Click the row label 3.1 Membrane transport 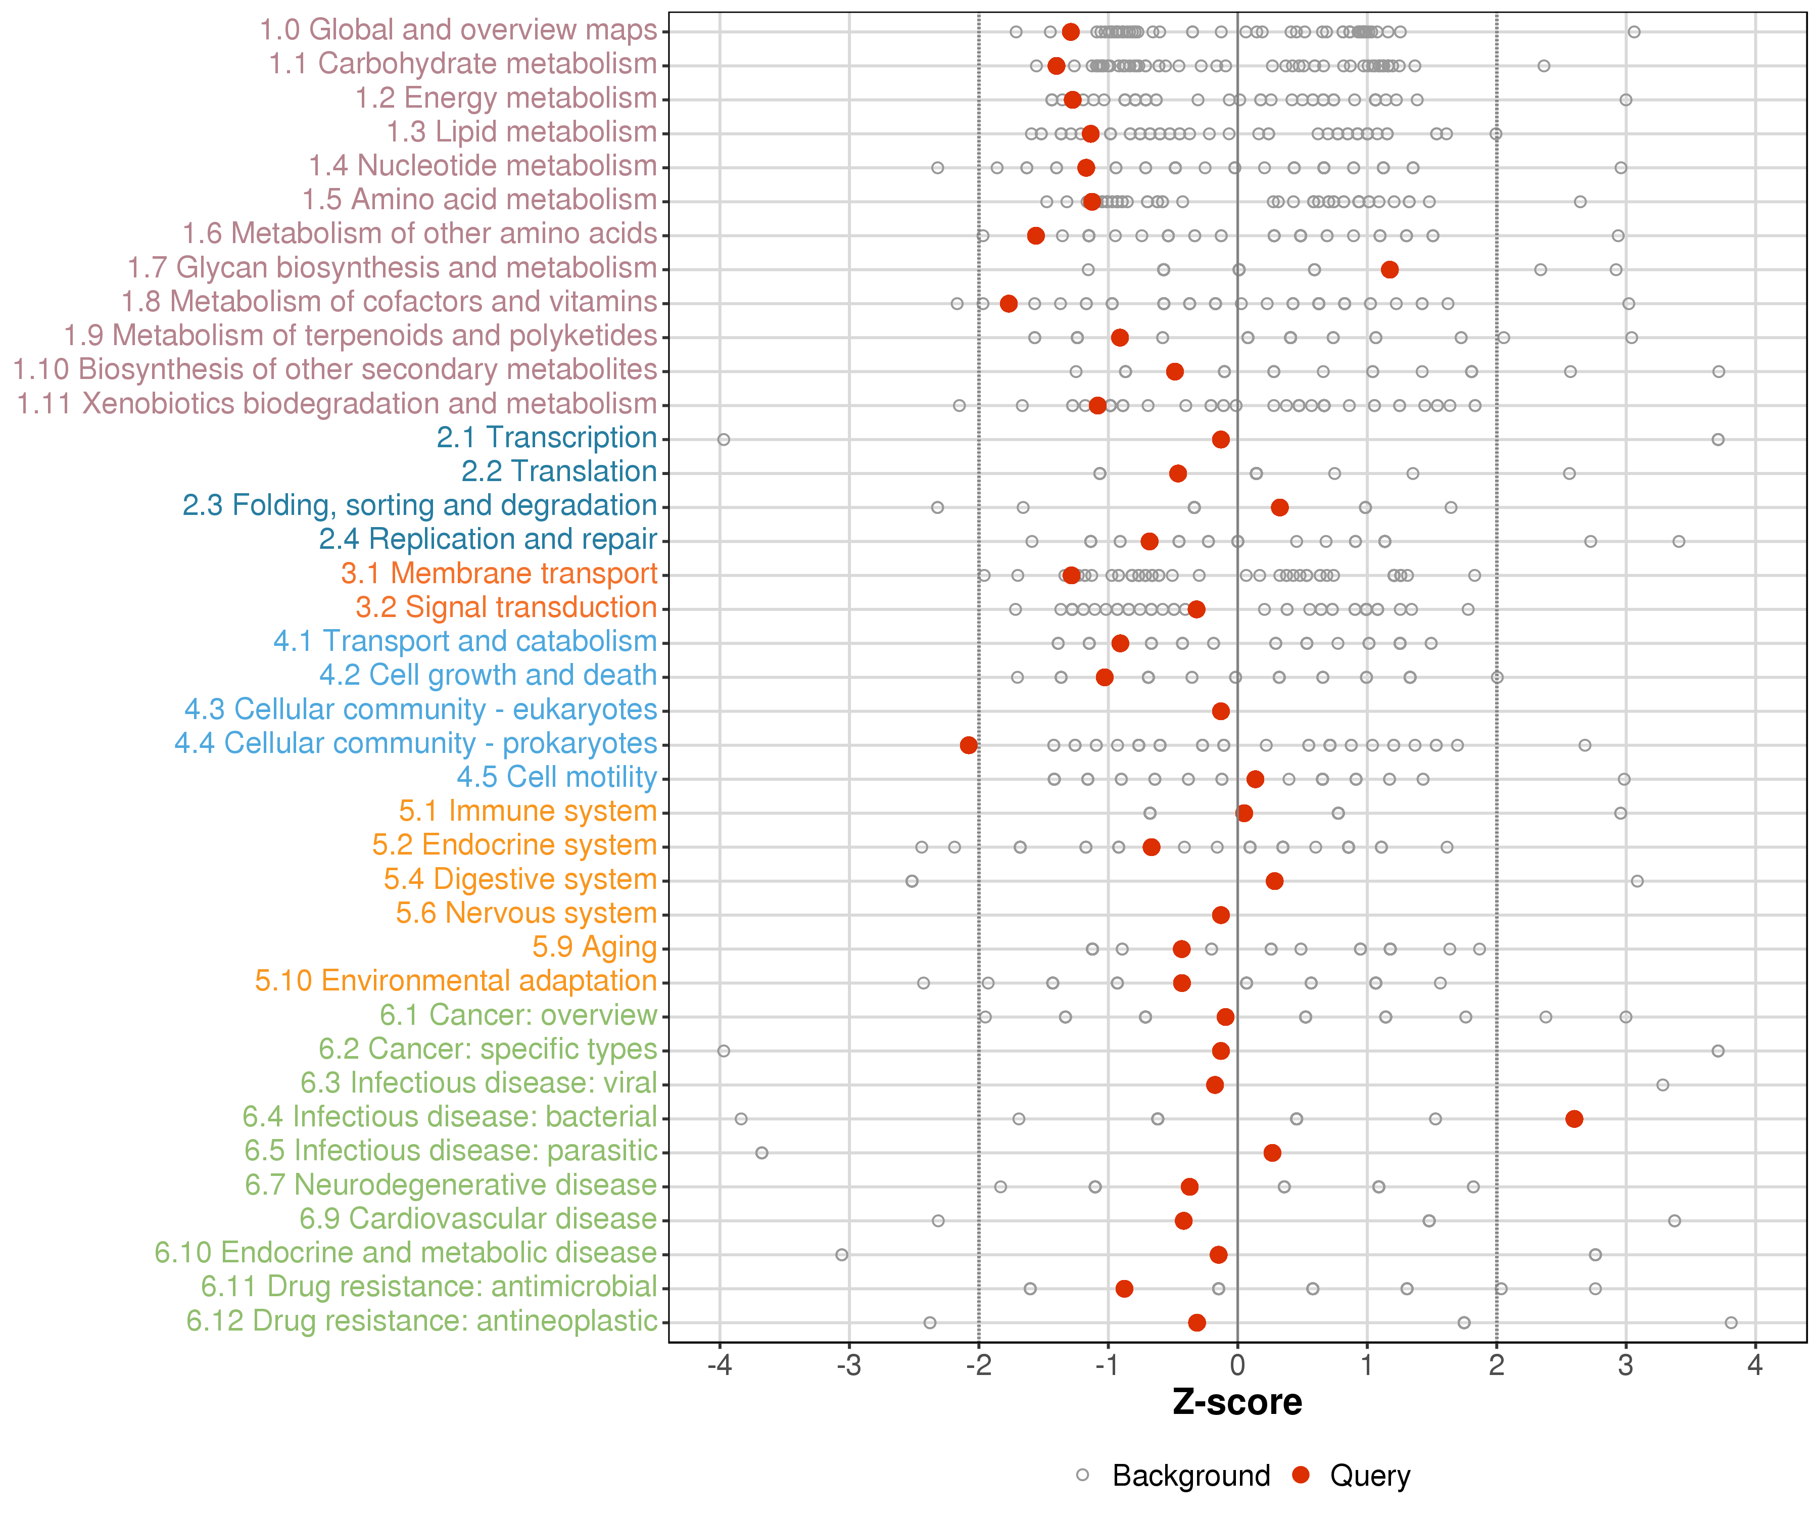[x=499, y=574]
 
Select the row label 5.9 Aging [x=594, y=947]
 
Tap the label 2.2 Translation [x=559, y=471]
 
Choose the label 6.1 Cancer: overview [x=518, y=1014]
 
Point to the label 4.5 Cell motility [x=557, y=777]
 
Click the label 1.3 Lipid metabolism [x=521, y=132]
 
